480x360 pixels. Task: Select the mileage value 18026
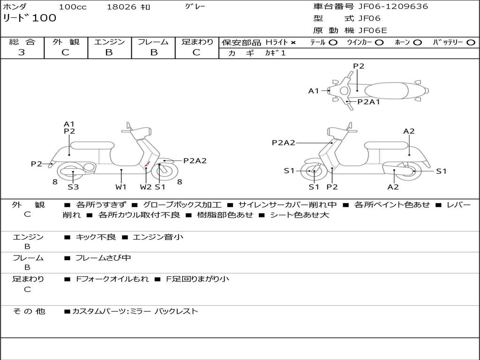click(x=121, y=7)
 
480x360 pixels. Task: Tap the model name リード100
click(x=30, y=18)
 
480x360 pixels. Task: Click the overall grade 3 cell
click(x=22, y=52)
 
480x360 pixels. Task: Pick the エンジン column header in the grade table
click(x=109, y=42)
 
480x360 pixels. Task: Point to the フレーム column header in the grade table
click(x=153, y=42)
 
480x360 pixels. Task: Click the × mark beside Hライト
click(x=293, y=43)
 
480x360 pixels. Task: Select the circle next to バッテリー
click(x=471, y=43)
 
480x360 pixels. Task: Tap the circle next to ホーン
click(x=418, y=43)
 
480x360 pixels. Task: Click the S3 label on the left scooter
click(x=73, y=187)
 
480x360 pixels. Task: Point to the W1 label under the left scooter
click(x=121, y=187)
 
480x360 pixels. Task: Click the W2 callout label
click(x=146, y=187)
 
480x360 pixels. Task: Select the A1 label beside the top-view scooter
click(x=314, y=91)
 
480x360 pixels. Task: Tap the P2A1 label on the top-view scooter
click(x=368, y=101)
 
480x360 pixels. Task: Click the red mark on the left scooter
click(x=147, y=164)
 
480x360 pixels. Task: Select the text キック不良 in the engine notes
click(x=96, y=237)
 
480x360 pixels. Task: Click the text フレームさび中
click(x=103, y=258)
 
